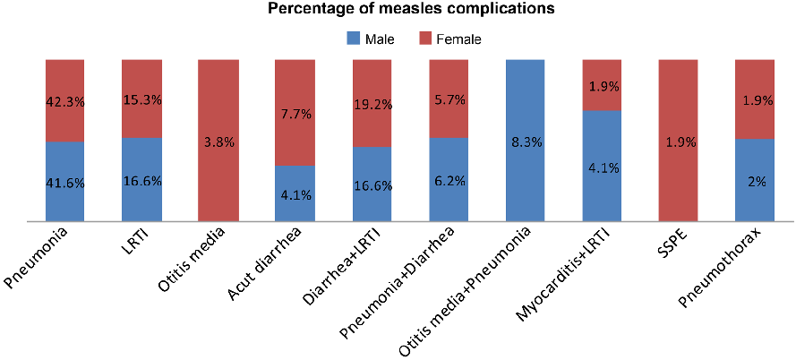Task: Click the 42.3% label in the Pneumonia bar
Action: (x=64, y=102)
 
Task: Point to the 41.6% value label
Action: (x=64, y=182)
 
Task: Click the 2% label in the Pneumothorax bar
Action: (x=755, y=182)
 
